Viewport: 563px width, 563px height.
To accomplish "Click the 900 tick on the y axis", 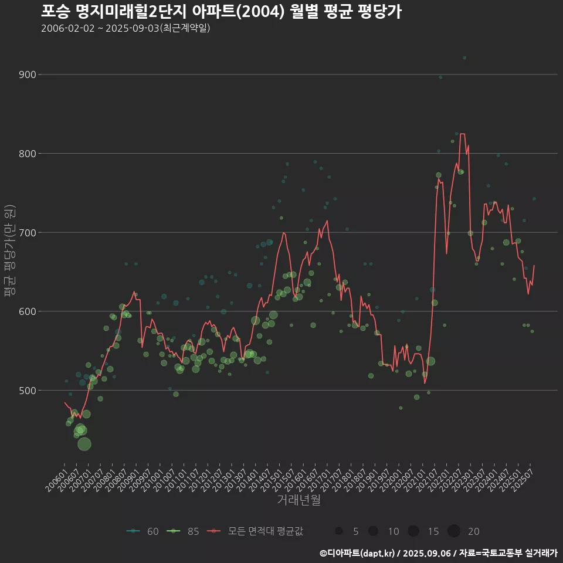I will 45,74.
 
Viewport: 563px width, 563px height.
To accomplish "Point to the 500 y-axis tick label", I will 45,390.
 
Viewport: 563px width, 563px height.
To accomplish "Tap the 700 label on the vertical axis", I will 45,232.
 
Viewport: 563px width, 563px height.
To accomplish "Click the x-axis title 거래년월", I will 299,500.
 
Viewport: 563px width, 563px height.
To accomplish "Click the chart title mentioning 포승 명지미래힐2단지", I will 221,12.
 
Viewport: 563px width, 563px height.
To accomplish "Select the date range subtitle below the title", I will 126,28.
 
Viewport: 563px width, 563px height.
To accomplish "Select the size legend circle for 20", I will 453,531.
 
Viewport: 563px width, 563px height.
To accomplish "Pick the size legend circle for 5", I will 339,531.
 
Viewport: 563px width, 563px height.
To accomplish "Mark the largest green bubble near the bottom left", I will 84,444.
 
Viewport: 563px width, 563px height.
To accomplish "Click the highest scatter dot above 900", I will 464,57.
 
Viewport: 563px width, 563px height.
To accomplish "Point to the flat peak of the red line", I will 462,134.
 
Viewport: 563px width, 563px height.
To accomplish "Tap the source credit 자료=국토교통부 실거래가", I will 508,553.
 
